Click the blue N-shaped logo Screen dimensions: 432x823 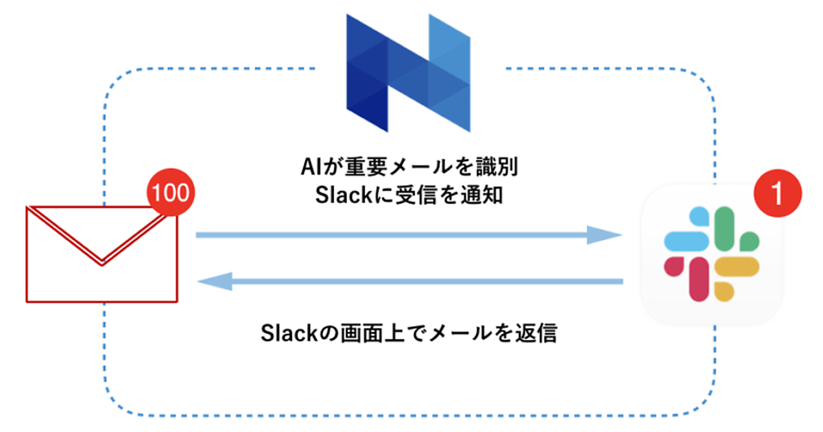(x=409, y=72)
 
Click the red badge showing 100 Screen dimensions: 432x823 (x=169, y=193)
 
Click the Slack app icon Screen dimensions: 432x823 (x=711, y=254)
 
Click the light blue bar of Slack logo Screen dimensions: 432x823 (x=687, y=241)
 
